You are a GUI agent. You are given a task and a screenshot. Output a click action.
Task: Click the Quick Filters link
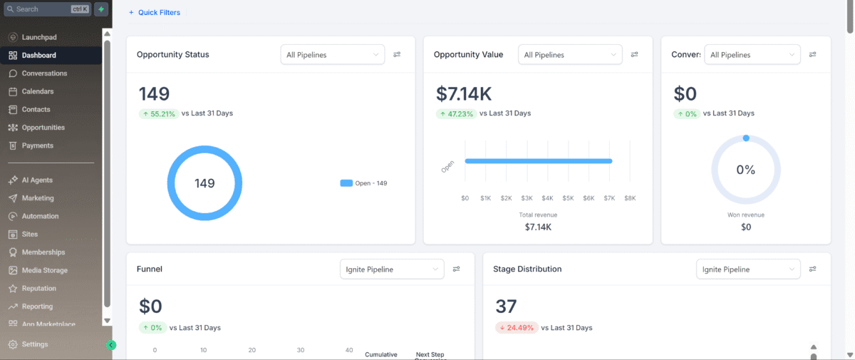[x=155, y=13]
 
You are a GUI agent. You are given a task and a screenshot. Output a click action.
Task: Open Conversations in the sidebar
[x=44, y=73]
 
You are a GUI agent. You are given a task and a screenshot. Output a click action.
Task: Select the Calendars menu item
[x=38, y=91]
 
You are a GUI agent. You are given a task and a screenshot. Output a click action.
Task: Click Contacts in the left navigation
[x=36, y=110]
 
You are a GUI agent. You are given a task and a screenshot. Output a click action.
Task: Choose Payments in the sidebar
[x=37, y=145]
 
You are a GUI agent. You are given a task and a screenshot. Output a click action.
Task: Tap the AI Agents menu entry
[x=37, y=180]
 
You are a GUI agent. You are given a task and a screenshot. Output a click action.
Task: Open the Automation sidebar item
[x=40, y=216]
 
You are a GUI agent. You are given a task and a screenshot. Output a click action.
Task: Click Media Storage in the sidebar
[x=44, y=270]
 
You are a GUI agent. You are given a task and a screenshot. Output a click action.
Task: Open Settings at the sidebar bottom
[x=35, y=344]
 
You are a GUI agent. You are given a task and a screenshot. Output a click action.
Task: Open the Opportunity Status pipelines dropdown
[x=333, y=55]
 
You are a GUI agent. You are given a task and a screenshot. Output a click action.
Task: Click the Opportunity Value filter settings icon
[x=634, y=55]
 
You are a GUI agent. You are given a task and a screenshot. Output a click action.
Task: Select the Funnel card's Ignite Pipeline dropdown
[x=393, y=269]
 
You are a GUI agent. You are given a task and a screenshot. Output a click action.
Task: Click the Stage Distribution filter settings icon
[x=812, y=269]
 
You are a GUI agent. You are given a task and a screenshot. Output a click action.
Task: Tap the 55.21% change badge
[x=158, y=113]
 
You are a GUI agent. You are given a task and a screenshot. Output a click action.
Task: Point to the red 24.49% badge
[x=516, y=328]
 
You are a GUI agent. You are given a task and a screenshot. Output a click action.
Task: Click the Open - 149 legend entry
[x=364, y=183]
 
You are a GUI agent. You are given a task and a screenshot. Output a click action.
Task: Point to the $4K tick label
[x=548, y=197]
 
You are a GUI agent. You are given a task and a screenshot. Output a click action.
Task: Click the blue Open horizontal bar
[x=538, y=161]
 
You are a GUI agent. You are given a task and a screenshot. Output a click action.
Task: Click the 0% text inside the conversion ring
[x=745, y=170]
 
